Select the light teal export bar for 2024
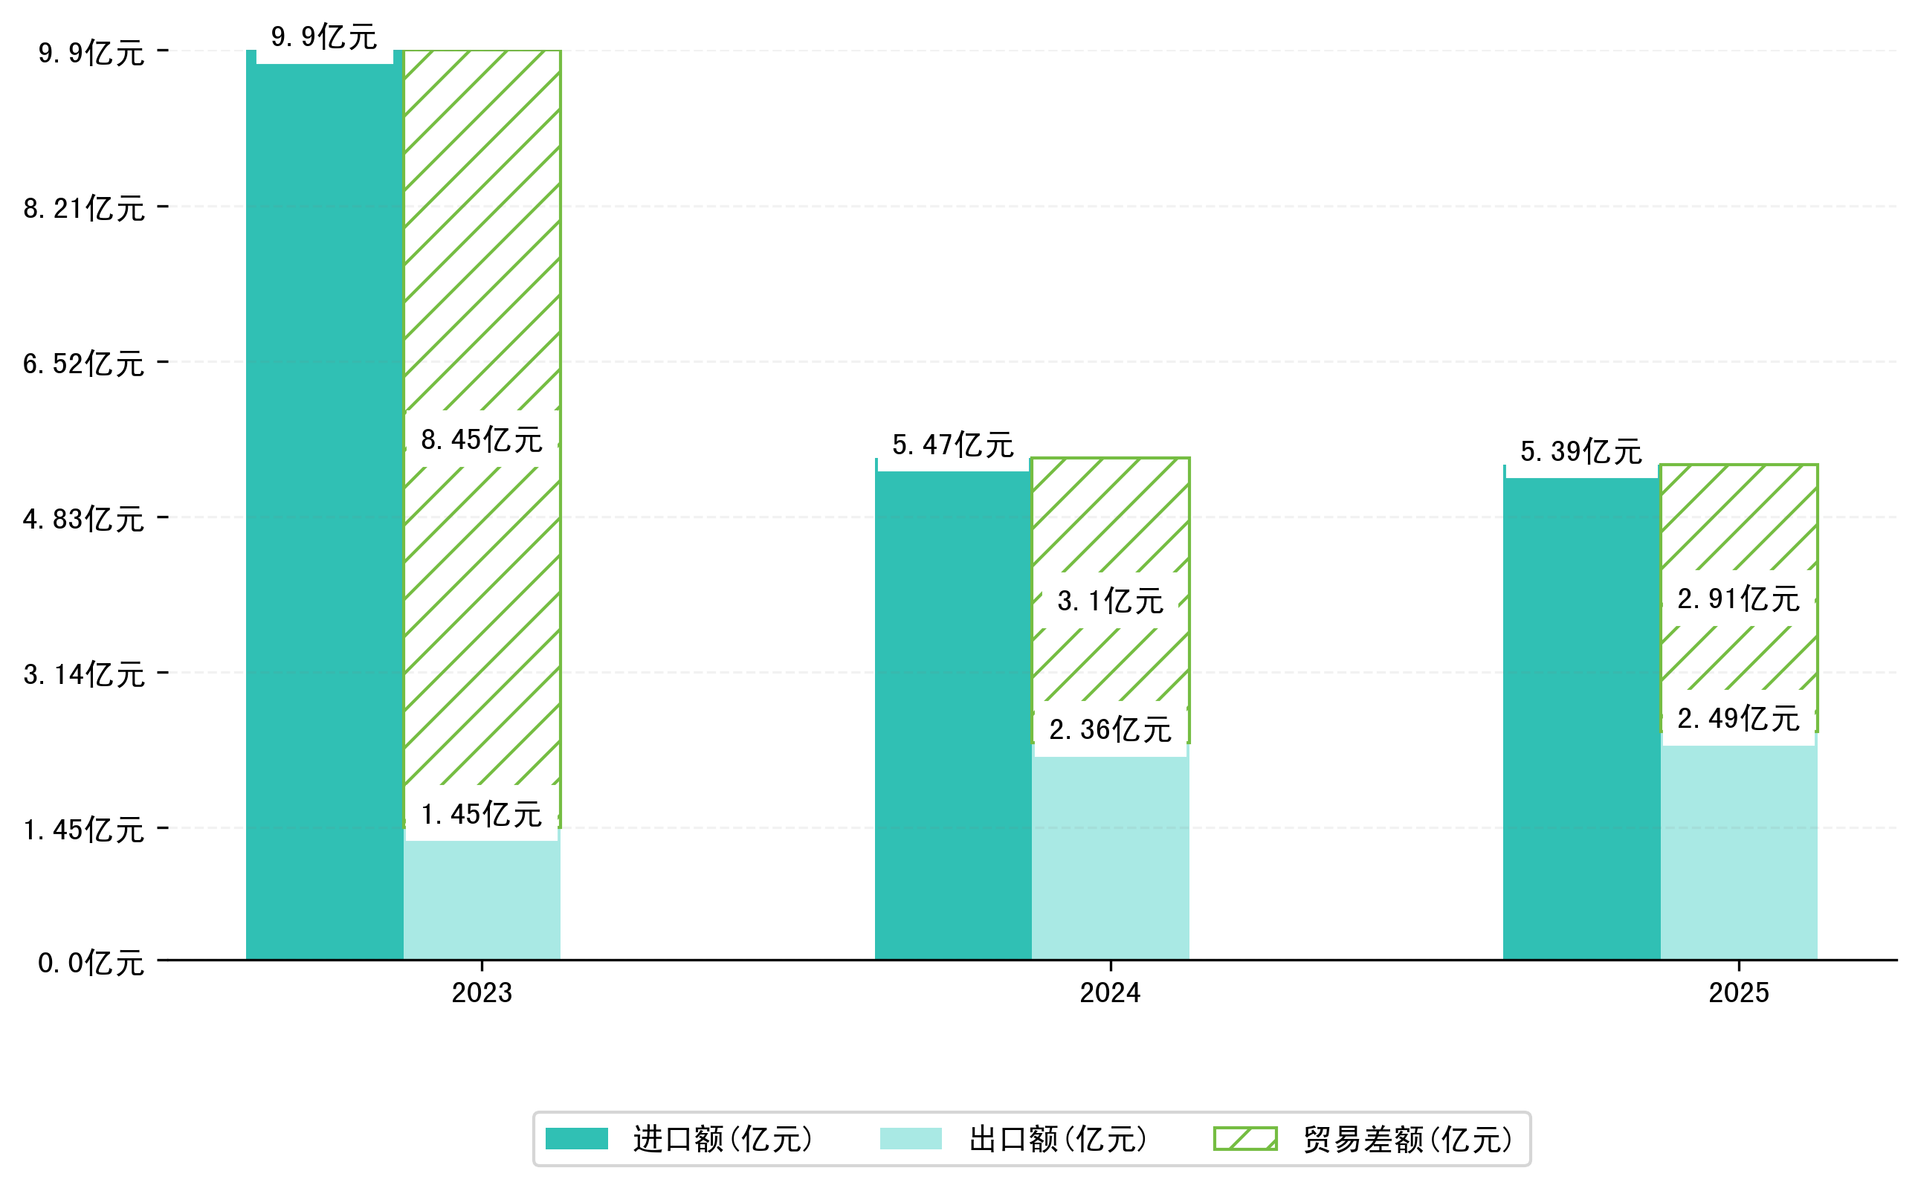tap(1109, 856)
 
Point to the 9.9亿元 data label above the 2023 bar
tap(323, 37)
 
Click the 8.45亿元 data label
tap(481, 439)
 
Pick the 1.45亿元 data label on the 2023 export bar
tap(481, 814)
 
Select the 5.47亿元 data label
tap(952, 445)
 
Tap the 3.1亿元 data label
tap(1109, 601)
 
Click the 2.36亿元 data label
tap(1109, 730)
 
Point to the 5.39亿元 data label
tap(1581, 451)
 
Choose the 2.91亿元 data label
tap(1738, 598)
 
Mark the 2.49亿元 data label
tap(1738, 718)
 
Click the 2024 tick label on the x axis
tap(1109, 993)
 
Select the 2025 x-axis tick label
tap(1738, 993)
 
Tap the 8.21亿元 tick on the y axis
tap(84, 208)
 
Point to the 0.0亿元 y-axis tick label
tap(91, 963)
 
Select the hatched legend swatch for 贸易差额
tap(1244, 1138)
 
